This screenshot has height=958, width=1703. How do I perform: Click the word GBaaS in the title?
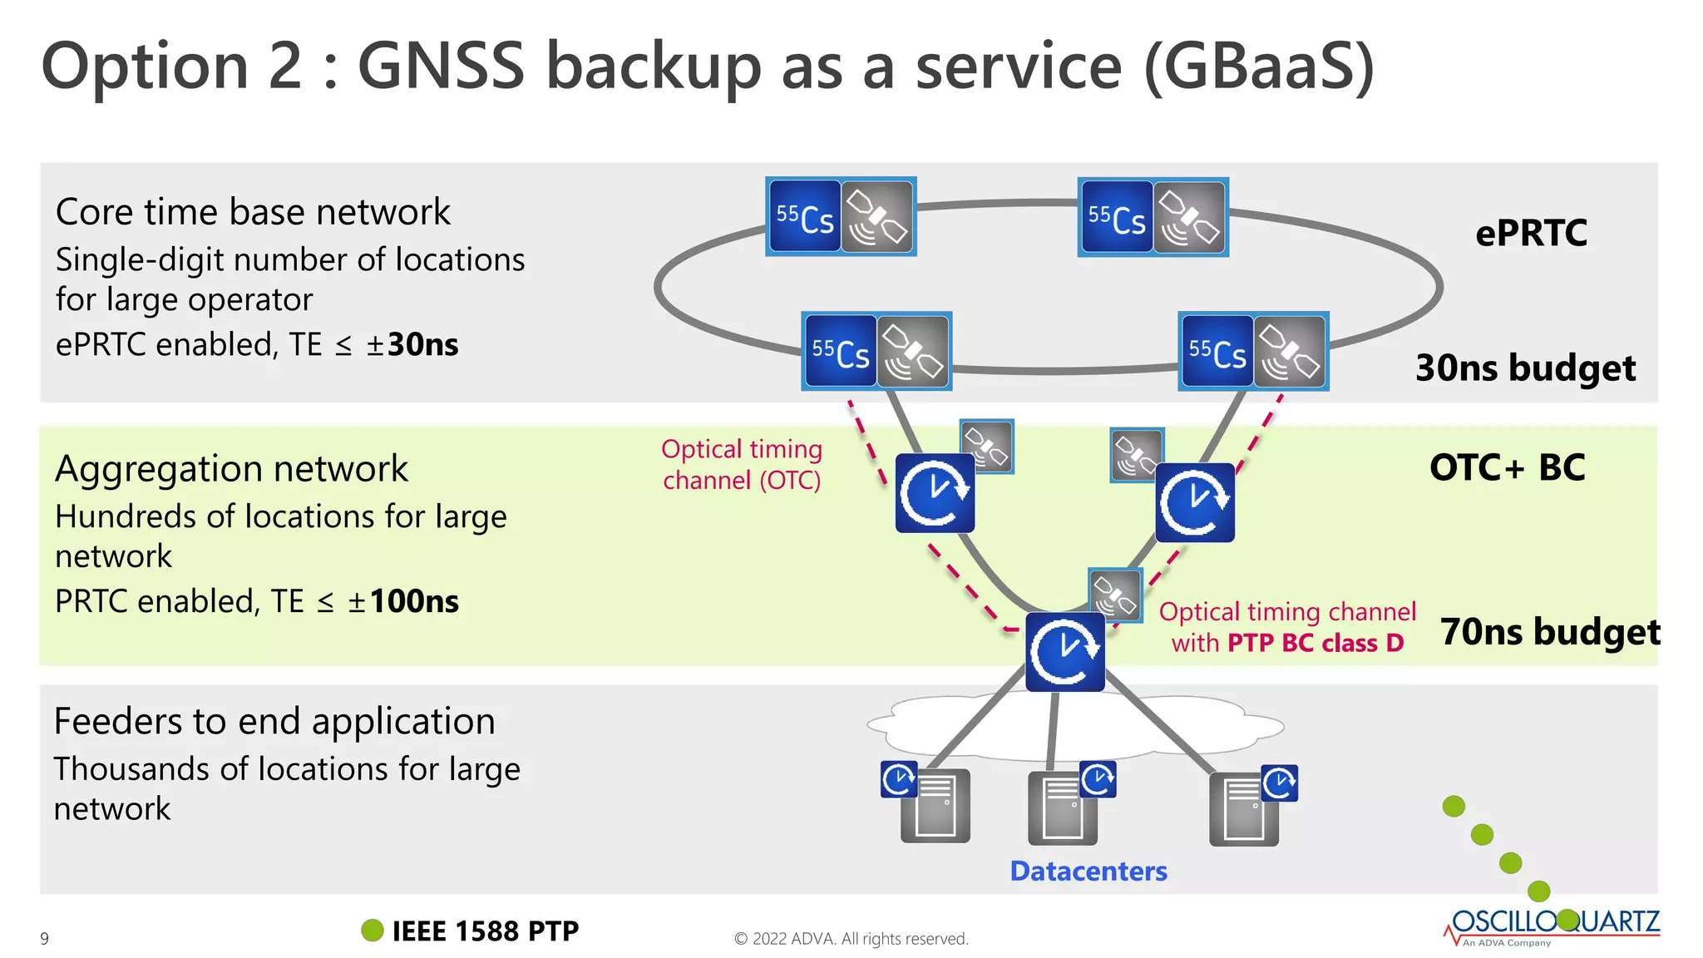pos(1260,67)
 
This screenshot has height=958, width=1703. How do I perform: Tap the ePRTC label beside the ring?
pos(1531,233)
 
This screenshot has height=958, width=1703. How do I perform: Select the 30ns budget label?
pos(1525,368)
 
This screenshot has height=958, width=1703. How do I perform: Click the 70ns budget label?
pos(1549,632)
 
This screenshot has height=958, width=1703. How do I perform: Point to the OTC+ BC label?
pos(1507,467)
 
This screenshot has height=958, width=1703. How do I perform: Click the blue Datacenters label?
pos(1088,871)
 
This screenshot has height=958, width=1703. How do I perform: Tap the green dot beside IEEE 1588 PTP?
pos(373,931)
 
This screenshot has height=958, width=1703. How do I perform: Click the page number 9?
pos(45,939)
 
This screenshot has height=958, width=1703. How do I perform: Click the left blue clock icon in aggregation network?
pos(935,493)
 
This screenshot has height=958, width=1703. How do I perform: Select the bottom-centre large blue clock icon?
pos(1064,652)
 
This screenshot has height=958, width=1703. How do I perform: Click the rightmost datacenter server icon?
pos(1244,808)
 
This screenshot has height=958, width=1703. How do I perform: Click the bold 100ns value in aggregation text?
pos(414,601)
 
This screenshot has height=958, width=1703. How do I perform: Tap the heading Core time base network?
pos(253,212)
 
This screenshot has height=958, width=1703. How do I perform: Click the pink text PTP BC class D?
pos(1315,643)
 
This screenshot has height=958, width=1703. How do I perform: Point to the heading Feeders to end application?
pos(274,721)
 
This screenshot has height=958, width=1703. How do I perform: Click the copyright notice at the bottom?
pos(851,939)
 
